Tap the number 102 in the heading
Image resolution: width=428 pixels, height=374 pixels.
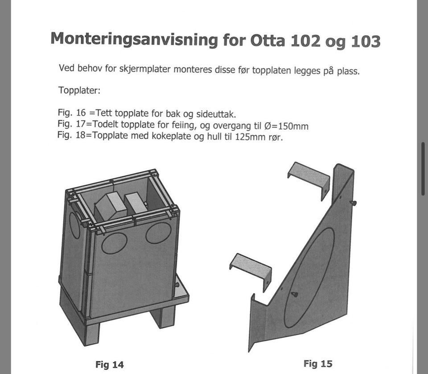(x=305, y=41)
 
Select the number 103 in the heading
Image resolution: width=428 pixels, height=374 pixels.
(x=366, y=42)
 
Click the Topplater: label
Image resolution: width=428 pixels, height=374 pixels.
(x=79, y=90)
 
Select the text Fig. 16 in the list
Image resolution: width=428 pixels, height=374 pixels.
(x=72, y=112)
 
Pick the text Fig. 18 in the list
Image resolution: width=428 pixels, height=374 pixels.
(x=71, y=135)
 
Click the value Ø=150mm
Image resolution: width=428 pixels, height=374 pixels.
(x=286, y=126)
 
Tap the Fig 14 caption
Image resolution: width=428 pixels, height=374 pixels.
(x=110, y=365)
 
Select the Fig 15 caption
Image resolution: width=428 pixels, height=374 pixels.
(x=318, y=364)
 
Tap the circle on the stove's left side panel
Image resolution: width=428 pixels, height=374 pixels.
(x=74, y=225)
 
